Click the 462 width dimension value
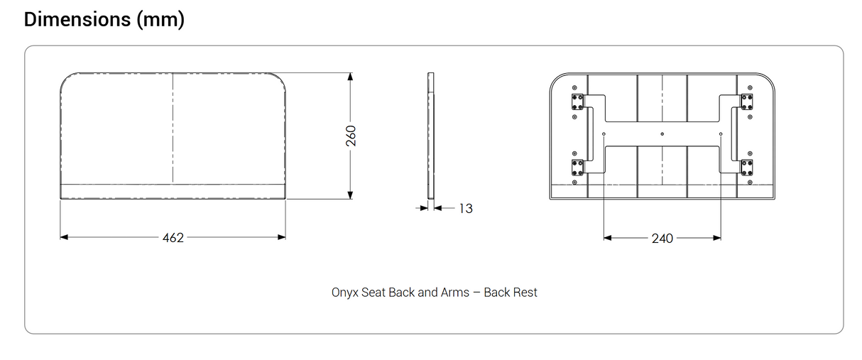click(x=173, y=238)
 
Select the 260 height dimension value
click(x=351, y=136)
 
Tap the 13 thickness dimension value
click(x=466, y=208)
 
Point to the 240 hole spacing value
click(x=662, y=239)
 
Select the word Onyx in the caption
click(x=344, y=292)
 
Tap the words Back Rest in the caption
click(x=511, y=292)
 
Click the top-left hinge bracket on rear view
click(x=577, y=102)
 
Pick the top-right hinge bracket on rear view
click(x=746, y=102)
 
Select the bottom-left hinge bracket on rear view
click(x=577, y=167)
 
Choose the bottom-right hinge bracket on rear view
click(x=746, y=167)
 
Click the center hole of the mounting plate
click(x=662, y=133)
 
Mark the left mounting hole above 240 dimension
click(x=604, y=133)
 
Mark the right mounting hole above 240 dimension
click(x=721, y=133)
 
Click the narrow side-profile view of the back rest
click(x=430, y=135)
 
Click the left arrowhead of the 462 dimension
click(x=64, y=237)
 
